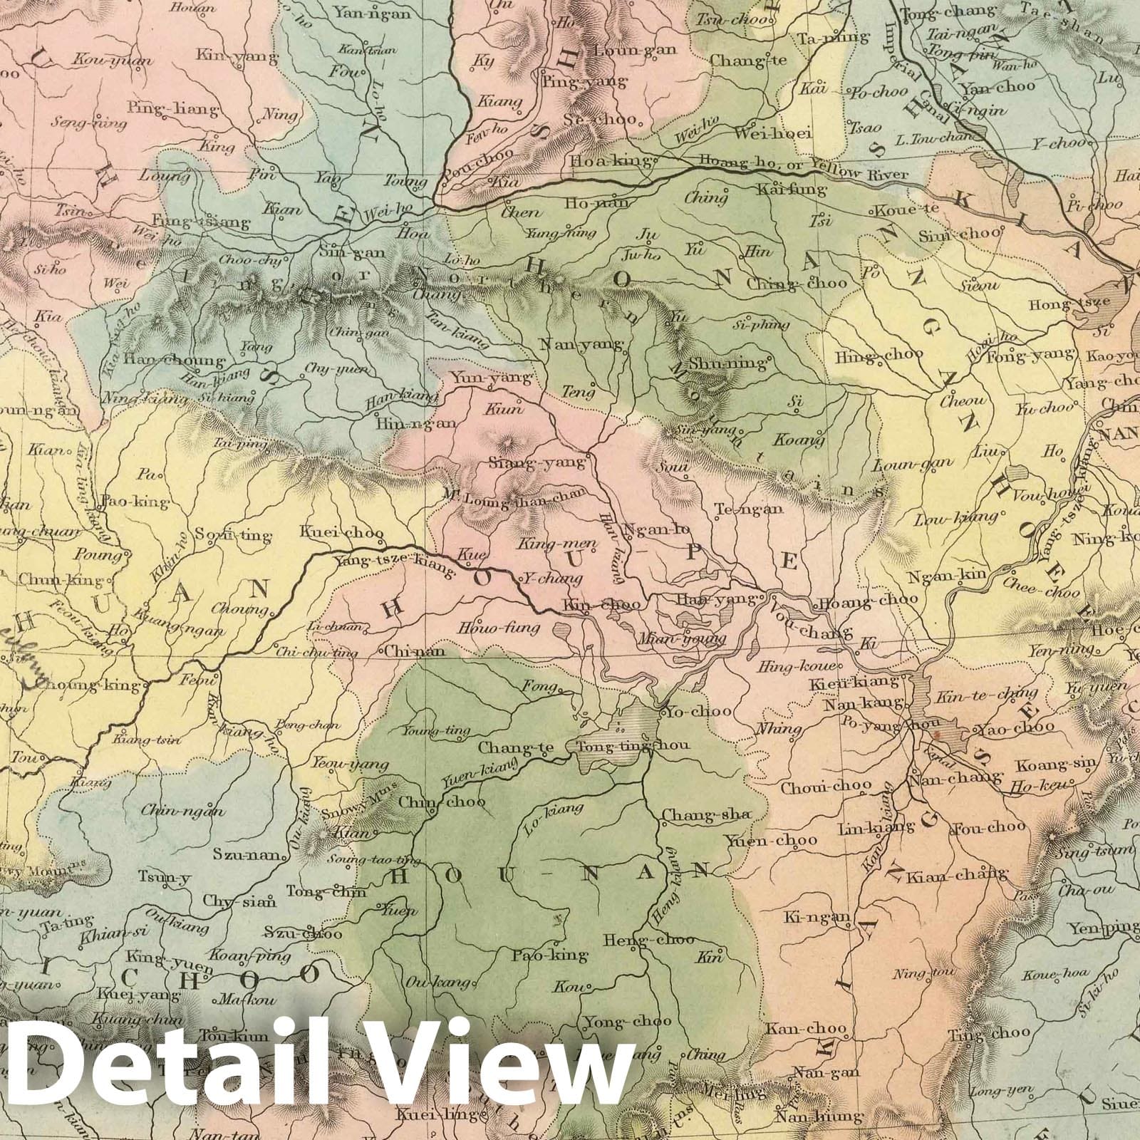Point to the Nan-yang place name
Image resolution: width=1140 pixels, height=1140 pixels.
click(582, 345)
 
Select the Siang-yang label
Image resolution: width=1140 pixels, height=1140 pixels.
click(537, 462)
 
